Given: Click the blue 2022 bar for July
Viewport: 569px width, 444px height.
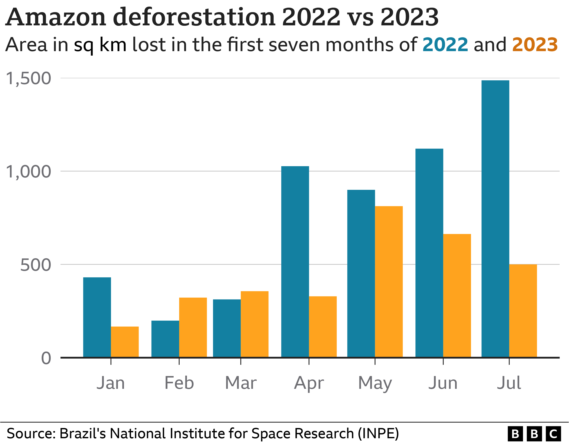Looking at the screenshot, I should click(495, 219).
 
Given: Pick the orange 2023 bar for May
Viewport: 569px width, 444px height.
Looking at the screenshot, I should click(389, 281).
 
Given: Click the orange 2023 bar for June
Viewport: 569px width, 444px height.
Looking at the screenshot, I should click(457, 296).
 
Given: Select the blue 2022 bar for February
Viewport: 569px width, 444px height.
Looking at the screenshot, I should click(165, 339).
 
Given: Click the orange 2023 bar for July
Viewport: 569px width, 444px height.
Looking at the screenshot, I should click(523, 311).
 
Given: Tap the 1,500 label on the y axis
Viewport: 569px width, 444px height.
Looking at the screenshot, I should click(28, 78).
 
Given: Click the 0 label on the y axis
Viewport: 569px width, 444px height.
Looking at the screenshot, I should click(46, 358).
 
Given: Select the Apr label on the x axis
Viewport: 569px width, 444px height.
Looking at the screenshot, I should click(309, 383).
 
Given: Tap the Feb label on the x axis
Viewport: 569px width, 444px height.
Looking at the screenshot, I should click(179, 383).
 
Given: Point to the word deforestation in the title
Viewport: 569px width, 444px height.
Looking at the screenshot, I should click(194, 17).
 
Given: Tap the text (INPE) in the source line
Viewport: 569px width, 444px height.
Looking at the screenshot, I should click(378, 434).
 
